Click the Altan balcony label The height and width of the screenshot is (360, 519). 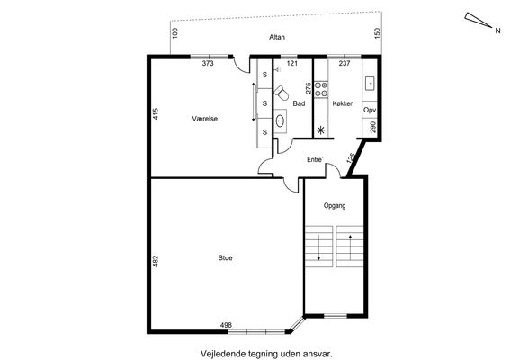pyautogui.click(x=277, y=37)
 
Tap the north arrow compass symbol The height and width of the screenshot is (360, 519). pyautogui.click(x=479, y=20)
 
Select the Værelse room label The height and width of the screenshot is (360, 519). pyautogui.click(x=205, y=119)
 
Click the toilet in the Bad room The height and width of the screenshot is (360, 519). pyautogui.click(x=282, y=93)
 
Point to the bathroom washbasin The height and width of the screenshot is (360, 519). pyautogui.click(x=280, y=121)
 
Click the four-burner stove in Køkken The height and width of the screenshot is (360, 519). pyautogui.click(x=321, y=89)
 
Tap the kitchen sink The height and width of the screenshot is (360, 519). pyautogui.click(x=370, y=84)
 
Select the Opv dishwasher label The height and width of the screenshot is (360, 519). pyautogui.click(x=370, y=110)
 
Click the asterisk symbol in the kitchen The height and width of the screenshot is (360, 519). pyautogui.click(x=321, y=130)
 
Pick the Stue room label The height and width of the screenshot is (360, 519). pyautogui.click(x=225, y=257)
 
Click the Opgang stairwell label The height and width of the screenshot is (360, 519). pyautogui.click(x=335, y=206)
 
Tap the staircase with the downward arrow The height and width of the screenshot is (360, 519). pyautogui.click(x=318, y=247)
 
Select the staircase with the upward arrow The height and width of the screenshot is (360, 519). pyautogui.click(x=350, y=247)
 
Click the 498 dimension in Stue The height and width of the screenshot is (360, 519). pyautogui.click(x=226, y=325)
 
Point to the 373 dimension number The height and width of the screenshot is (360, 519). pyautogui.click(x=208, y=63)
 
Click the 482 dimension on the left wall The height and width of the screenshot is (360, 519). pyautogui.click(x=156, y=261)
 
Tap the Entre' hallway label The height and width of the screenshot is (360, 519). pyautogui.click(x=315, y=159)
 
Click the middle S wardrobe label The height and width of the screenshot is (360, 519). pyautogui.click(x=264, y=103)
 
